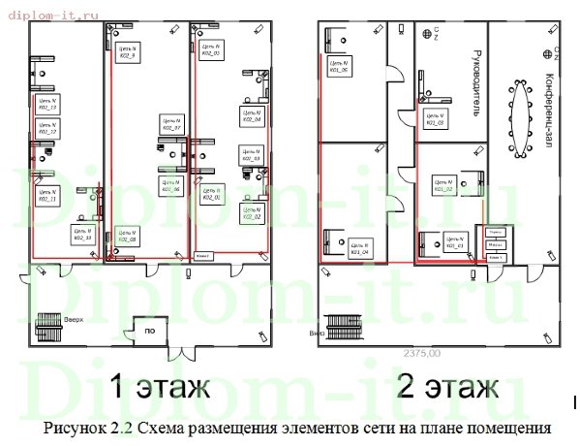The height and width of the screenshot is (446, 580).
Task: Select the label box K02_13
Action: (x=47, y=104)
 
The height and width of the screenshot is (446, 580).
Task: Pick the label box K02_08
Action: (x=126, y=235)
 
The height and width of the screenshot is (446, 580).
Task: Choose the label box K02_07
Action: (x=172, y=124)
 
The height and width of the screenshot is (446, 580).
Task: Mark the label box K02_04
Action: (x=251, y=116)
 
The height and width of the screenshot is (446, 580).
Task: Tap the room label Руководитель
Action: (x=474, y=81)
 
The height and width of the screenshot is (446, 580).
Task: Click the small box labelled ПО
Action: (x=149, y=331)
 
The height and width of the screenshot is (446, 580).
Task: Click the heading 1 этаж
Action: (x=159, y=388)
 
